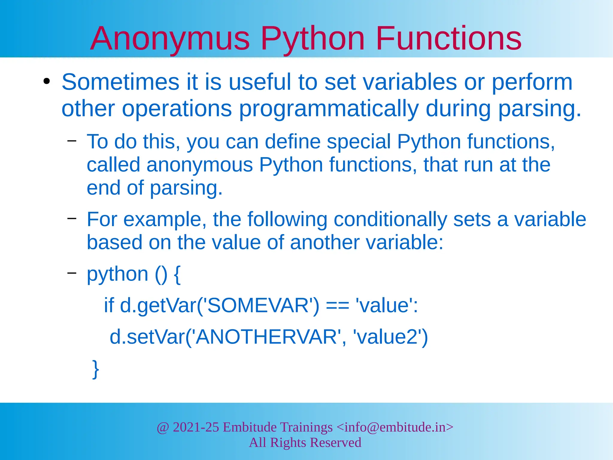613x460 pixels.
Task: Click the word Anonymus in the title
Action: coord(170,39)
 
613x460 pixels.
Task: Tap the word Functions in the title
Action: coord(448,39)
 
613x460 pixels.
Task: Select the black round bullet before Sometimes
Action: coord(46,81)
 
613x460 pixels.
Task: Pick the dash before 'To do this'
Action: coord(72,140)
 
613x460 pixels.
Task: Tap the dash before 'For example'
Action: coord(72,218)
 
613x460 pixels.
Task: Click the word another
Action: coord(324,242)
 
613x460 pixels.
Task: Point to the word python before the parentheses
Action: coord(117,274)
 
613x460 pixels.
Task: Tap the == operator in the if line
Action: coord(337,306)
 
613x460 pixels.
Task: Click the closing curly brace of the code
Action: coord(95,369)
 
